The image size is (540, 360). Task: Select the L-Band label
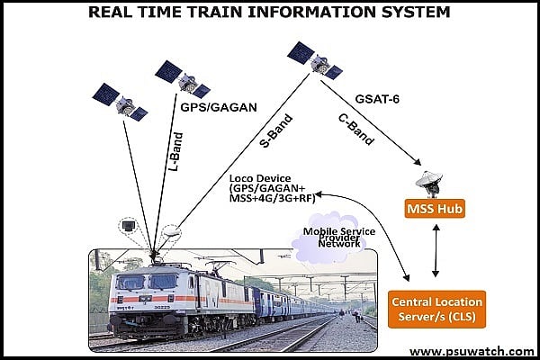[177, 150]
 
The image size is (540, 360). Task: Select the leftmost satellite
[120, 102]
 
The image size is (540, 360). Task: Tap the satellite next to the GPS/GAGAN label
[183, 79]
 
